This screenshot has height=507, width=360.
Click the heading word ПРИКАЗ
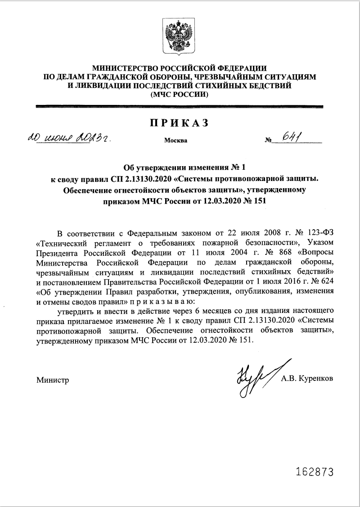click(180, 123)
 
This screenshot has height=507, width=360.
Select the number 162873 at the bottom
click(315, 472)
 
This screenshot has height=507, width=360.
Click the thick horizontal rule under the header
click(180, 107)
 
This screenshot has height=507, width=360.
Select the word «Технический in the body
click(59, 243)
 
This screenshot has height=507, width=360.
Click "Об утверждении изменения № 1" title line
click(180, 169)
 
